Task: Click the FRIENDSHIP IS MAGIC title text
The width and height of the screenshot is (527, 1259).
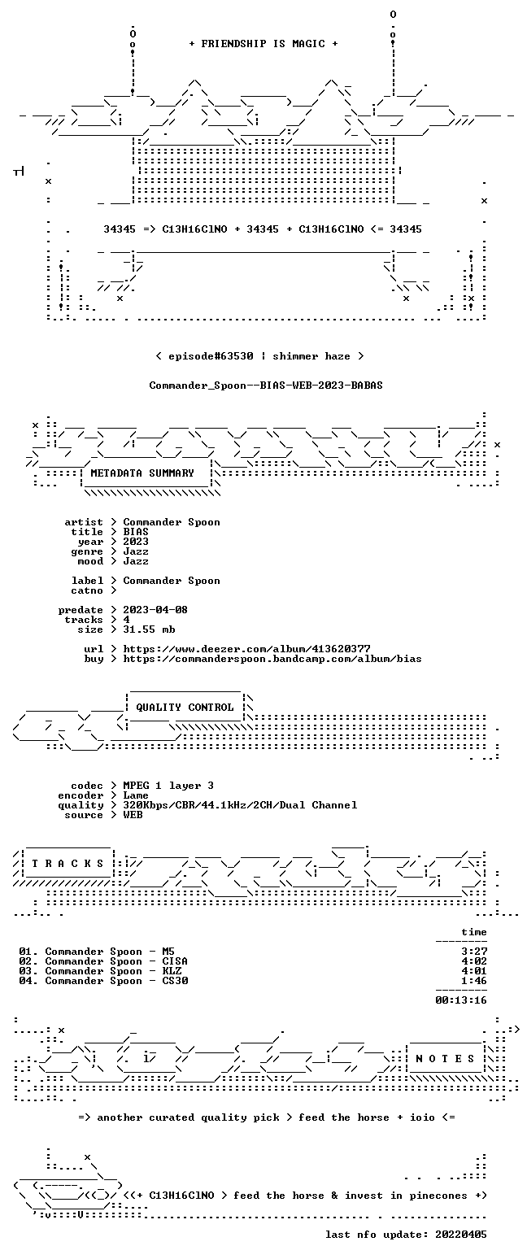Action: (x=263, y=44)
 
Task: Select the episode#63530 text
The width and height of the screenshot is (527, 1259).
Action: (x=211, y=356)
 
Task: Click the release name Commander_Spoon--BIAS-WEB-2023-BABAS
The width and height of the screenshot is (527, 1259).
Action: (x=266, y=386)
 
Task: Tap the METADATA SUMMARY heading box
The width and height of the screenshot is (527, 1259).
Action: (x=146, y=473)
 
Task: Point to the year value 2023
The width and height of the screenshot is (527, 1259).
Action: (x=136, y=542)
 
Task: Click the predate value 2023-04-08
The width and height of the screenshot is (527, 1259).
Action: (x=155, y=610)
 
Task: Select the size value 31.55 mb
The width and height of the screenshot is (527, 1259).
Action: (x=149, y=629)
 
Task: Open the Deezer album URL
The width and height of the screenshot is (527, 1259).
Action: (x=246, y=649)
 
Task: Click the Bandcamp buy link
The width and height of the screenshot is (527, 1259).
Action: (x=272, y=659)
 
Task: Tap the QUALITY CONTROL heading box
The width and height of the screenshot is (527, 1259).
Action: (x=185, y=707)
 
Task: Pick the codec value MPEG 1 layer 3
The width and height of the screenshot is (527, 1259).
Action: (x=168, y=786)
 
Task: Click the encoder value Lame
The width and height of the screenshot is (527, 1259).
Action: (x=136, y=796)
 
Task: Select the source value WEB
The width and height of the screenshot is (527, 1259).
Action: (x=133, y=815)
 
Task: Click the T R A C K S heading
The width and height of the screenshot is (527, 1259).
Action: (x=68, y=863)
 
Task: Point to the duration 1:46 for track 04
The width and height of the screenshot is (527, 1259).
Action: (x=474, y=981)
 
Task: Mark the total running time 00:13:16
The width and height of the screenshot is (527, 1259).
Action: (x=461, y=1000)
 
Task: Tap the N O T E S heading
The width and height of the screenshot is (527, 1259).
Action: (x=445, y=1059)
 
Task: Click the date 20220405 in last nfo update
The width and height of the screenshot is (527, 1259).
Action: (x=461, y=1235)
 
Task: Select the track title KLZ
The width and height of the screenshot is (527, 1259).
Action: (x=172, y=971)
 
